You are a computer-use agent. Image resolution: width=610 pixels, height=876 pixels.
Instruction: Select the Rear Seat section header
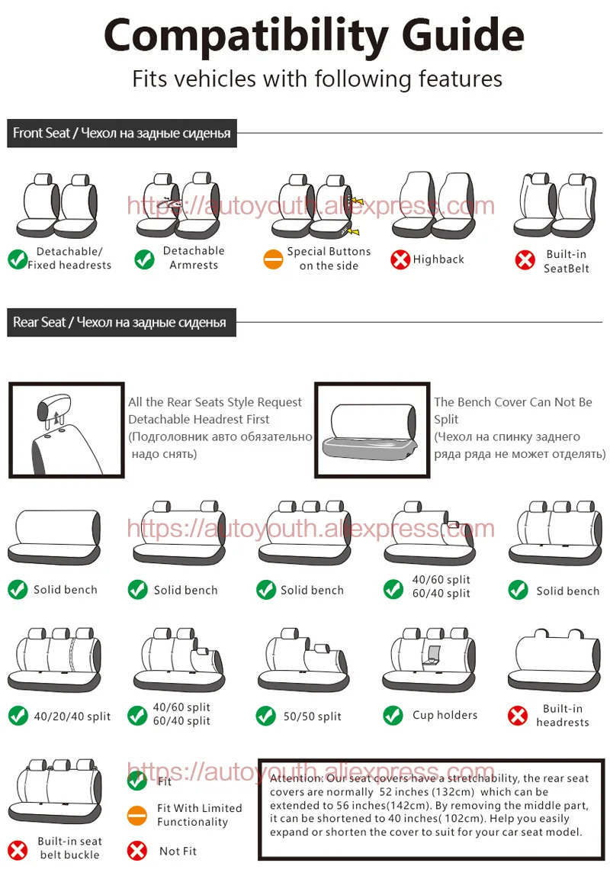coord(120,322)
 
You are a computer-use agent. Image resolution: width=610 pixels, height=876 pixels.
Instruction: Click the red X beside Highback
coord(400,260)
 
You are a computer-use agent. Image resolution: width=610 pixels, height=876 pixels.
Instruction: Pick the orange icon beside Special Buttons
coord(273,259)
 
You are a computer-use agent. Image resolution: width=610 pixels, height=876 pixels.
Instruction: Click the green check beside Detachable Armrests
coord(144,259)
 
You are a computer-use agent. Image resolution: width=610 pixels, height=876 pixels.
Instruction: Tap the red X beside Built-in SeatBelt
coord(525,260)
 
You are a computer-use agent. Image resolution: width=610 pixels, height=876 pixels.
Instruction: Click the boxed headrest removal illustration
coord(66,430)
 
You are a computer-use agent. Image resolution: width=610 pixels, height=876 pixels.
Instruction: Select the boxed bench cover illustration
coord(371,430)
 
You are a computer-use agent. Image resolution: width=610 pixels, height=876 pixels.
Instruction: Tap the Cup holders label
coord(445,715)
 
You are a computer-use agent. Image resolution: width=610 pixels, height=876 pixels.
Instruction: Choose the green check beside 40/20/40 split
coord(18,716)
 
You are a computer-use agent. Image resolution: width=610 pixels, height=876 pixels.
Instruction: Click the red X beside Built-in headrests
coord(518,716)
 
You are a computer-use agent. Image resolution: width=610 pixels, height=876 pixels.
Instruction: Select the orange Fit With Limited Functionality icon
coord(137,815)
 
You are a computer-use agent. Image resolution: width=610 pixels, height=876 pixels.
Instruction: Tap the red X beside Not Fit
coord(137,850)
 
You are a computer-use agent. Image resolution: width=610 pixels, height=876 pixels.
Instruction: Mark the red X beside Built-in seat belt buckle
coord(18,849)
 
